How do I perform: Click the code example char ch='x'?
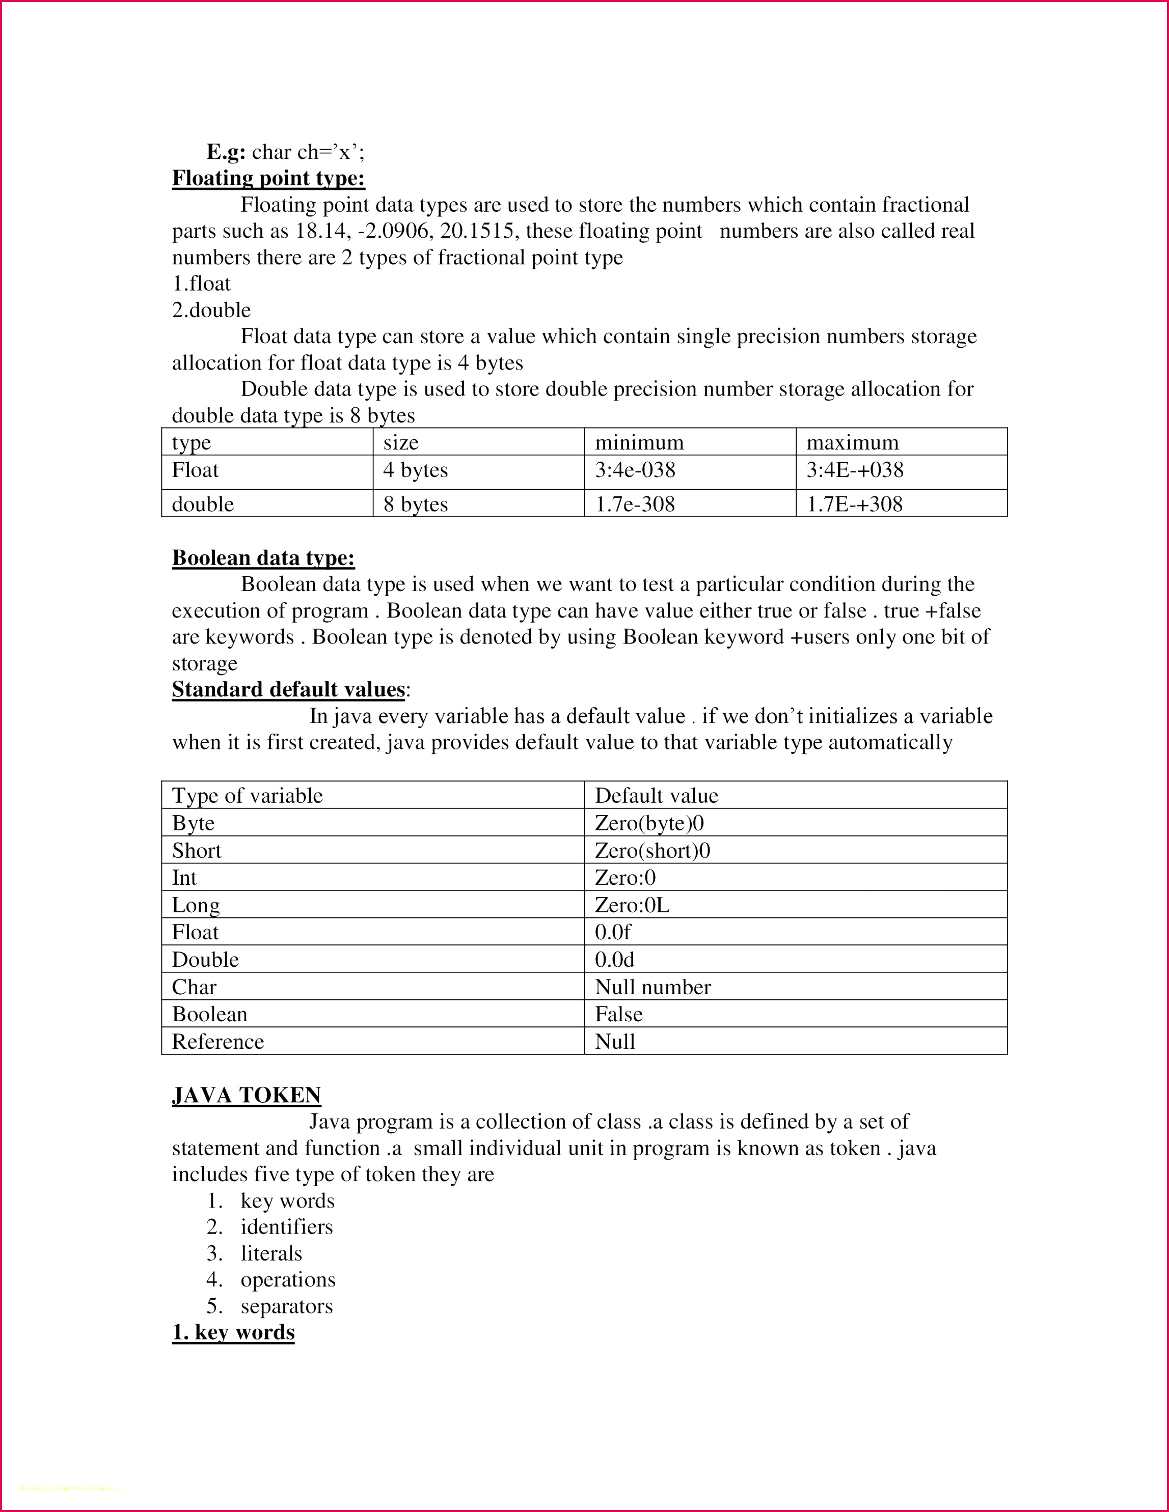308,152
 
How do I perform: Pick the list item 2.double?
211,310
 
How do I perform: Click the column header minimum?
639,442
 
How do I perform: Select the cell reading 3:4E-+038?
855,470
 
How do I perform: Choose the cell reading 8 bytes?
416,504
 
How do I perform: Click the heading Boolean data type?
263,558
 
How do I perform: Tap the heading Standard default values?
288,689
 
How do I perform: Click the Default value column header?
656,796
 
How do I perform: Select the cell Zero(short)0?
653,850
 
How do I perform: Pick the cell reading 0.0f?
612,932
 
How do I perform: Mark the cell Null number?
653,987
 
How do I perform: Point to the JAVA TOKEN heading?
246,1095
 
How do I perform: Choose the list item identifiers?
286,1227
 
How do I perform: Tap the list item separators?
286,1306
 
